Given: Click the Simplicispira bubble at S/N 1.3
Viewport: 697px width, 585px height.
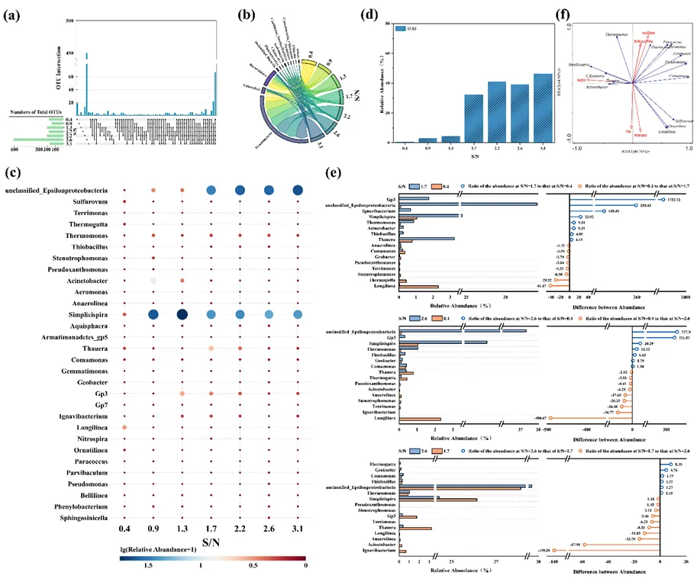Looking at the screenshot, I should pyautogui.click(x=182, y=314).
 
